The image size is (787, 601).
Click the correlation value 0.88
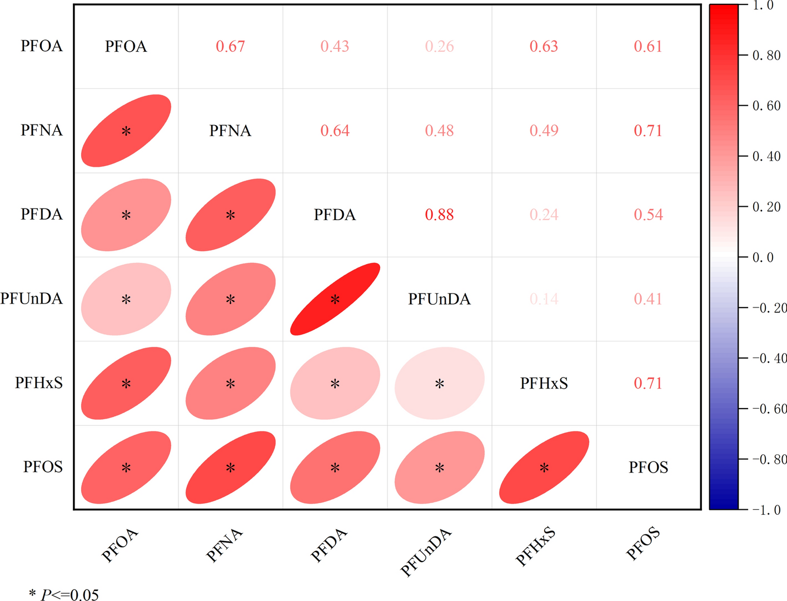(439, 215)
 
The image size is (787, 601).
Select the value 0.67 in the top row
(230, 47)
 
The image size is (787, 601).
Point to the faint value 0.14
(544, 299)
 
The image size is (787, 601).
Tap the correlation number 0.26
(439, 47)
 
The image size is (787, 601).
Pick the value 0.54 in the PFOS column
(648, 215)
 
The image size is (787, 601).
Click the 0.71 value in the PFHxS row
(648, 383)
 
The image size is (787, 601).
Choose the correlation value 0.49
(544, 131)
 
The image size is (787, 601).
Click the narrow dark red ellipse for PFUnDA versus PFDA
(335, 299)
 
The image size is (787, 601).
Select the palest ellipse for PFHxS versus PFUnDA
(439, 383)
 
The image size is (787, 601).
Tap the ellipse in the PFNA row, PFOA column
(126, 131)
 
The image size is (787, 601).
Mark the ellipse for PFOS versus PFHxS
(544, 468)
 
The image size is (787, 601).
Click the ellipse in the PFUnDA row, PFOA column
(126, 299)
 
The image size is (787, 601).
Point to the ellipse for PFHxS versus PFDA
(335, 383)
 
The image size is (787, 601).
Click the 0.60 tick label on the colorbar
(766, 106)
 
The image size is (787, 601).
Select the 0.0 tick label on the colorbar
(763, 257)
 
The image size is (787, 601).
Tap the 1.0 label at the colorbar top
(763, 6)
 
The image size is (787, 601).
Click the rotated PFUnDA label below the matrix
(426, 553)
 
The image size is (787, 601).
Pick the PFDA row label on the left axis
(42, 215)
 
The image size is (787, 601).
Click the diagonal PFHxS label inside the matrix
(544, 383)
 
